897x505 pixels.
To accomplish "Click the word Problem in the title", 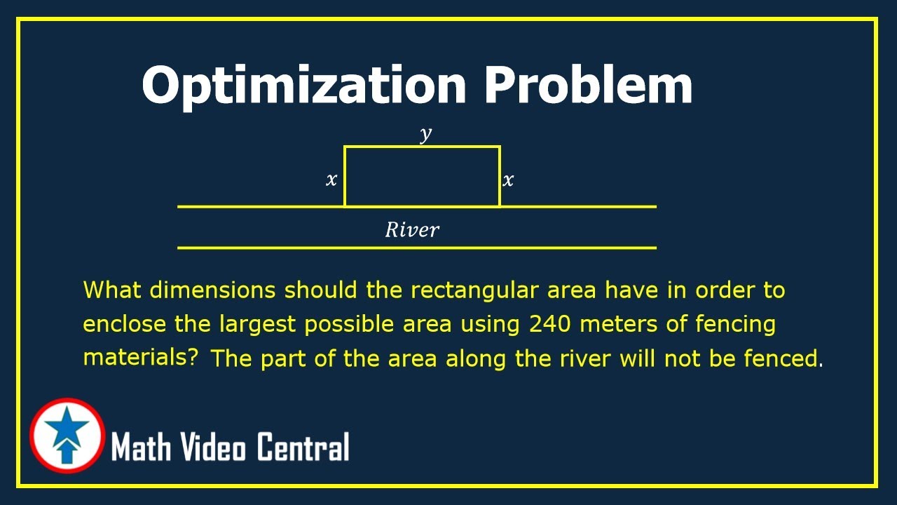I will pos(588,85).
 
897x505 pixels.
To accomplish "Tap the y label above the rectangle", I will pos(425,134).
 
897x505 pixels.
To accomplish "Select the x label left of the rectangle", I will pos(331,180).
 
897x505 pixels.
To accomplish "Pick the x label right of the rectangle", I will pos(508,181).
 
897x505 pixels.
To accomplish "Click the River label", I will pos(412,229).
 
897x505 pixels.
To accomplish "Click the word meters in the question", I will pos(627,324).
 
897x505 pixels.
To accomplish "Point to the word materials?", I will pos(140,357).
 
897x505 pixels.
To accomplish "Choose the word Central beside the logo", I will pos(303,447).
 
